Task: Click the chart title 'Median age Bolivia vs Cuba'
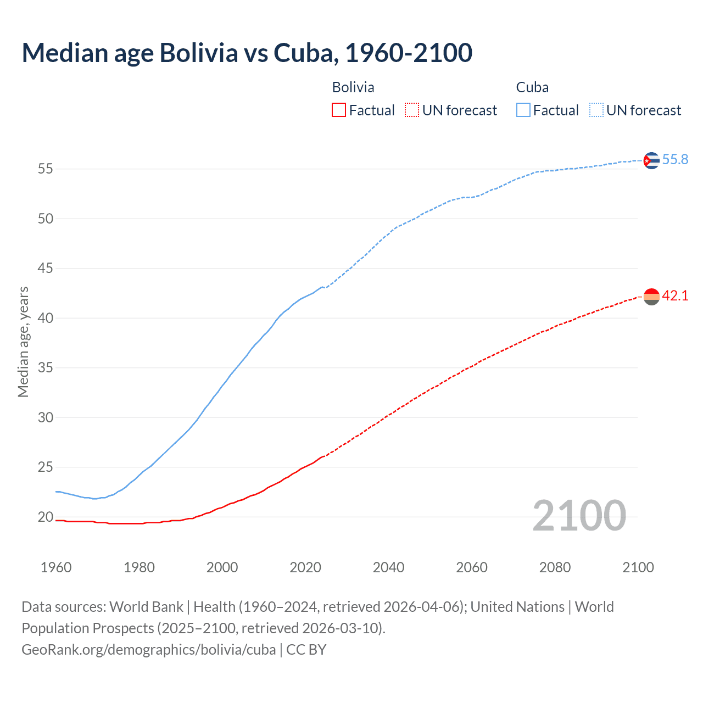247,53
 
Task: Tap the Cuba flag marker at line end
651,160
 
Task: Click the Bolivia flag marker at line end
651,297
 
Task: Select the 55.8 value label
675,160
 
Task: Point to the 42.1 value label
675,296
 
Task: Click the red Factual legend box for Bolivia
339,110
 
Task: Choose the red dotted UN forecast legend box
412,110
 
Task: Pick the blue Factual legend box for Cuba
523,110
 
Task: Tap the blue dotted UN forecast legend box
596,110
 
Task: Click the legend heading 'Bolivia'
353,87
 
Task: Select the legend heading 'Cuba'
532,87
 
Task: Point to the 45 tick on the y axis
46,269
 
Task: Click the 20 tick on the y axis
46,517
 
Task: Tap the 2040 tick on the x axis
388,567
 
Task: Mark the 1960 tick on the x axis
56,567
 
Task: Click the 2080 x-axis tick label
555,567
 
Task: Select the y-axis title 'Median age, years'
23,342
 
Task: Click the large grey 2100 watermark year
579,516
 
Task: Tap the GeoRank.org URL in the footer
148,650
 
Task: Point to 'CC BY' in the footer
306,650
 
